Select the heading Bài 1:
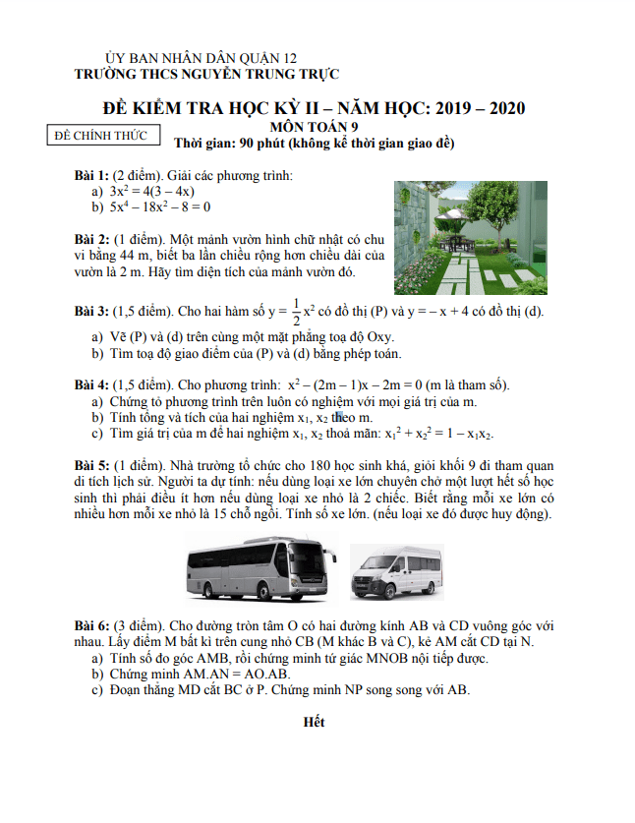click(x=92, y=175)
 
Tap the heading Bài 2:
click(x=92, y=239)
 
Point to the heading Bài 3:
click(x=92, y=312)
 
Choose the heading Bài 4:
click(x=92, y=384)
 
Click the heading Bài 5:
click(x=92, y=464)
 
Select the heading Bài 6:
click(x=92, y=625)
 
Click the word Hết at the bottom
click(x=315, y=723)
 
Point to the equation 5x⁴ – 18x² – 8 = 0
click(x=159, y=207)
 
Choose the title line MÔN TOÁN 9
click(x=315, y=126)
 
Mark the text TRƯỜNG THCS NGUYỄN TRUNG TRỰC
click(x=207, y=74)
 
